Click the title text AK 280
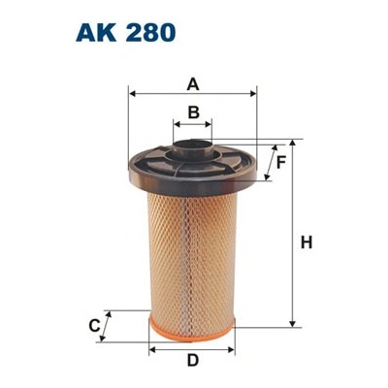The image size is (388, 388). [x=126, y=33]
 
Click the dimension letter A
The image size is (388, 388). [x=193, y=84]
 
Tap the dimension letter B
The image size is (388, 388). [x=194, y=113]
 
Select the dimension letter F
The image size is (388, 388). [x=281, y=162]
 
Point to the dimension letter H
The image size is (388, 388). [x=307, y=242]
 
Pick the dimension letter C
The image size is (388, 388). [x=94, y=326]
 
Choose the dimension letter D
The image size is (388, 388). [x=193, y=360]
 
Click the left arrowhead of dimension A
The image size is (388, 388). [x=131, y=94]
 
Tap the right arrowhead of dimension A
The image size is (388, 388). [x=253, y=94]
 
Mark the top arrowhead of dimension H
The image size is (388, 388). [x=292, y=144]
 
